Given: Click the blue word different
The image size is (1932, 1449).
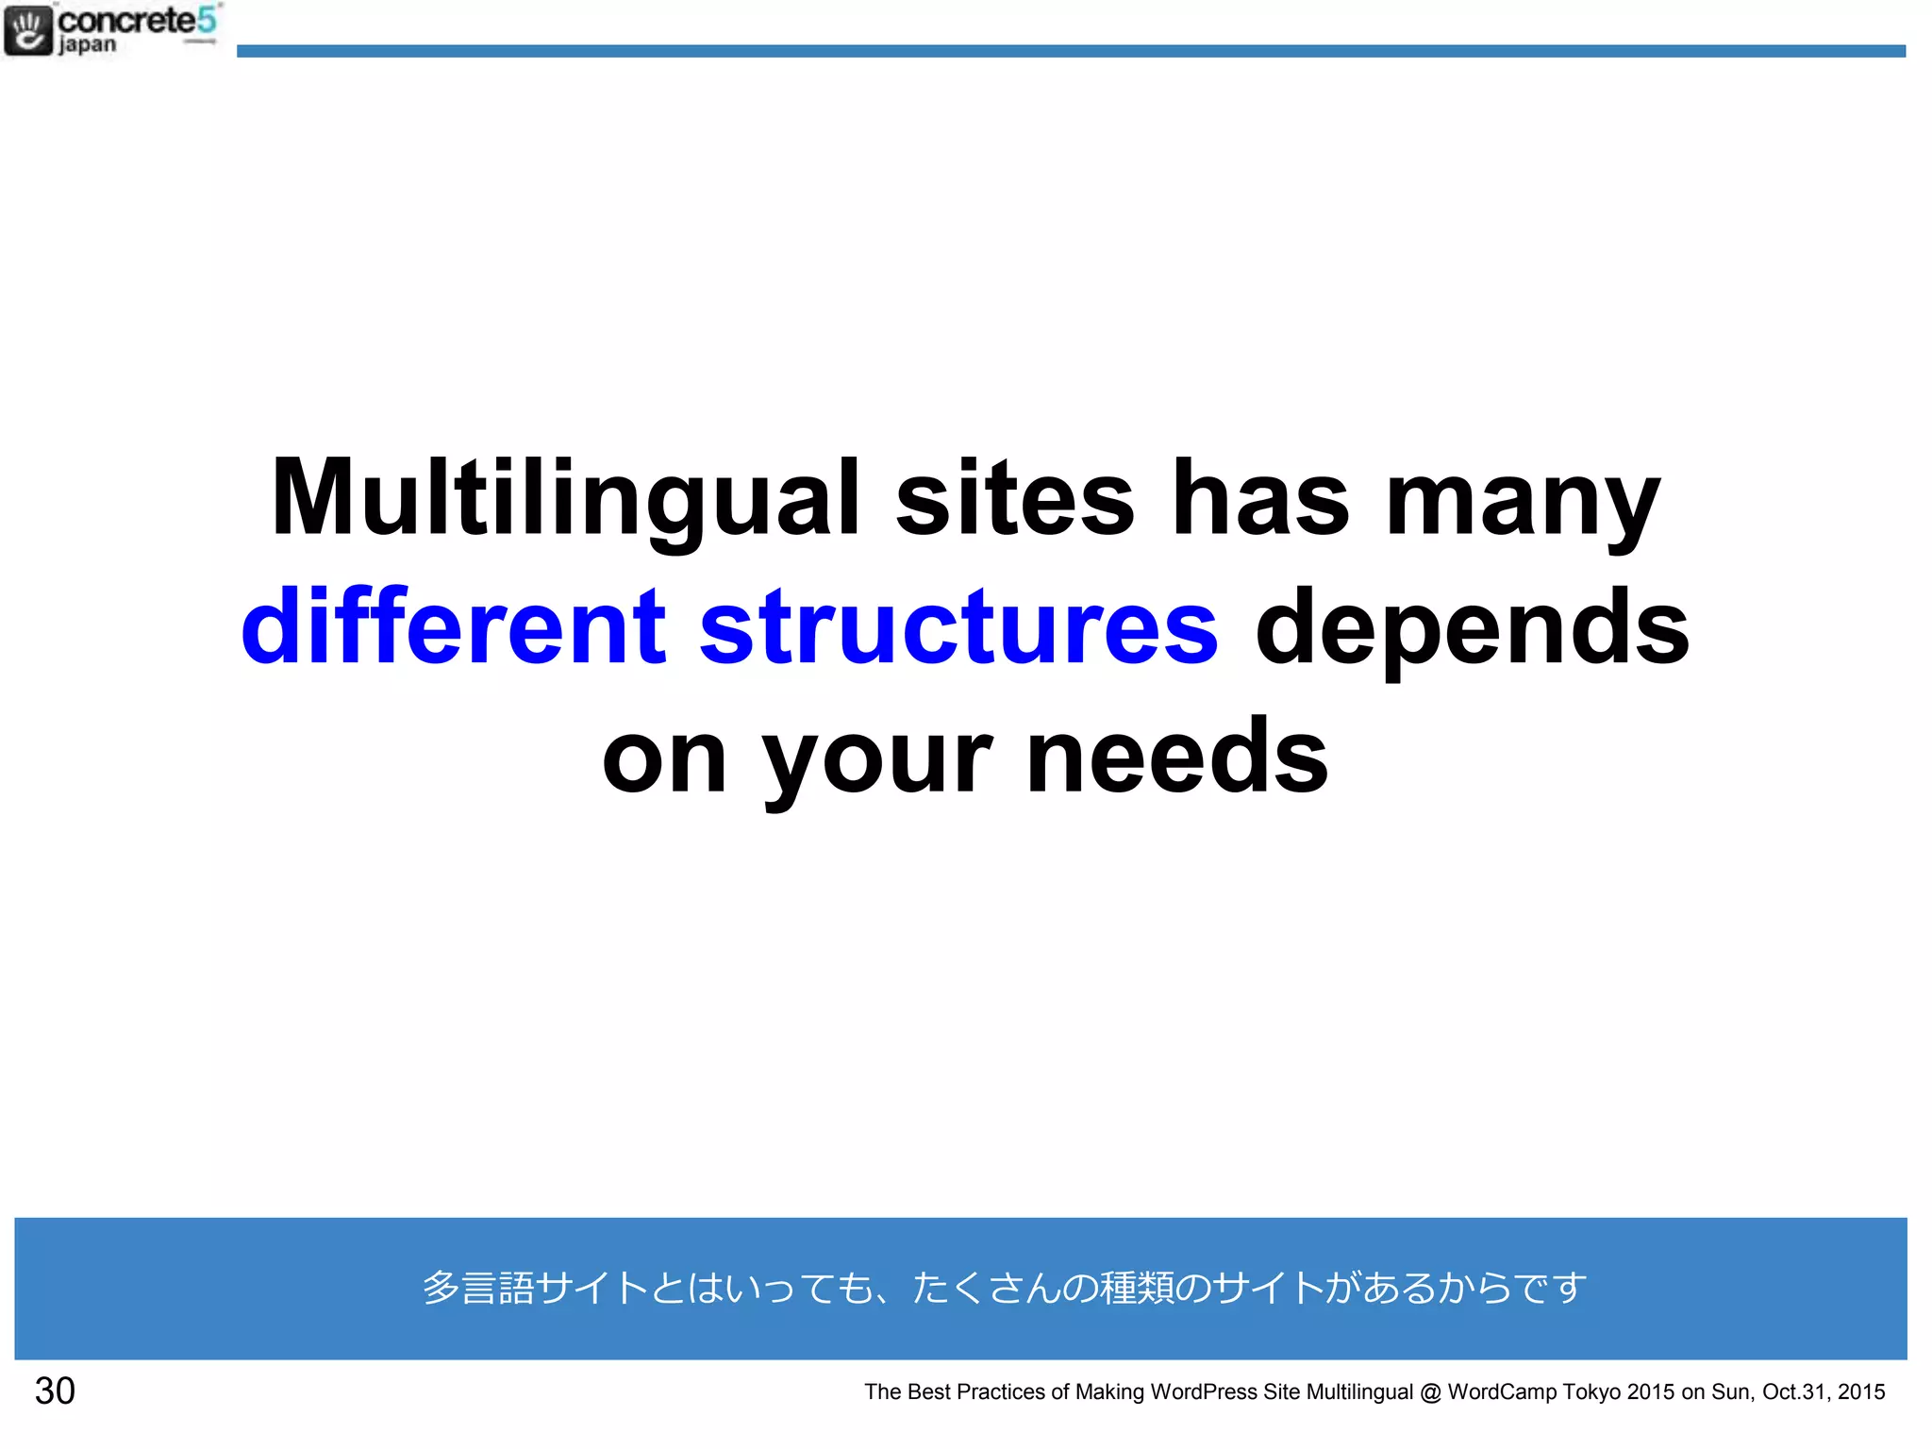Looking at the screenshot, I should pos(454,625).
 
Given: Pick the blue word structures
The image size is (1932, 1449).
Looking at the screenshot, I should pos(958,627).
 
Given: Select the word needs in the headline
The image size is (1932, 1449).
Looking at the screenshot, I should pos(1177,755).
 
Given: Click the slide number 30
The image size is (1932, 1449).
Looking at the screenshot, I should pos(55,1391).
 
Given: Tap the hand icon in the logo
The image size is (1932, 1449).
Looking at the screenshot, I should pos(27,30).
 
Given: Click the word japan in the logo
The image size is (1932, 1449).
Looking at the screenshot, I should pos(88,45).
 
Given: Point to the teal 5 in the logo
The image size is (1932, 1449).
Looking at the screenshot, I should pos(207,20).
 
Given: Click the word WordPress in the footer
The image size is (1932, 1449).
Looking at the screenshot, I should pos(1204,1391).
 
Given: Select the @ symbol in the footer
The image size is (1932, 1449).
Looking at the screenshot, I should pos(1430,1392).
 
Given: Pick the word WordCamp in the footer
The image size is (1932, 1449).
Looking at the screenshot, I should pos(1502,1391).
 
